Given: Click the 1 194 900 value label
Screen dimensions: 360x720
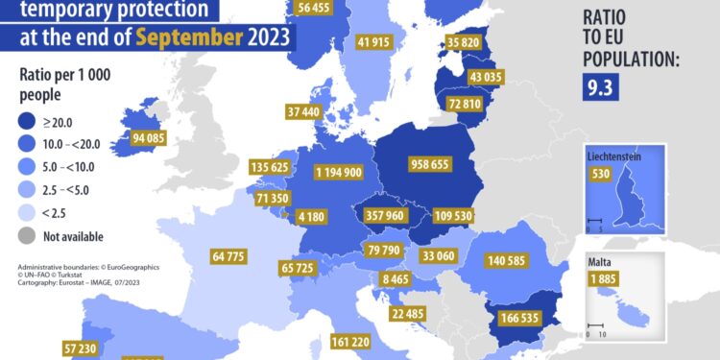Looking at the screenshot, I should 339,172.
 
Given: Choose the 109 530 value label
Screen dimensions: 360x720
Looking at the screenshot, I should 455,215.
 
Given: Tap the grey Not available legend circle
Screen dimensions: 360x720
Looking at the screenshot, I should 30,235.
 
